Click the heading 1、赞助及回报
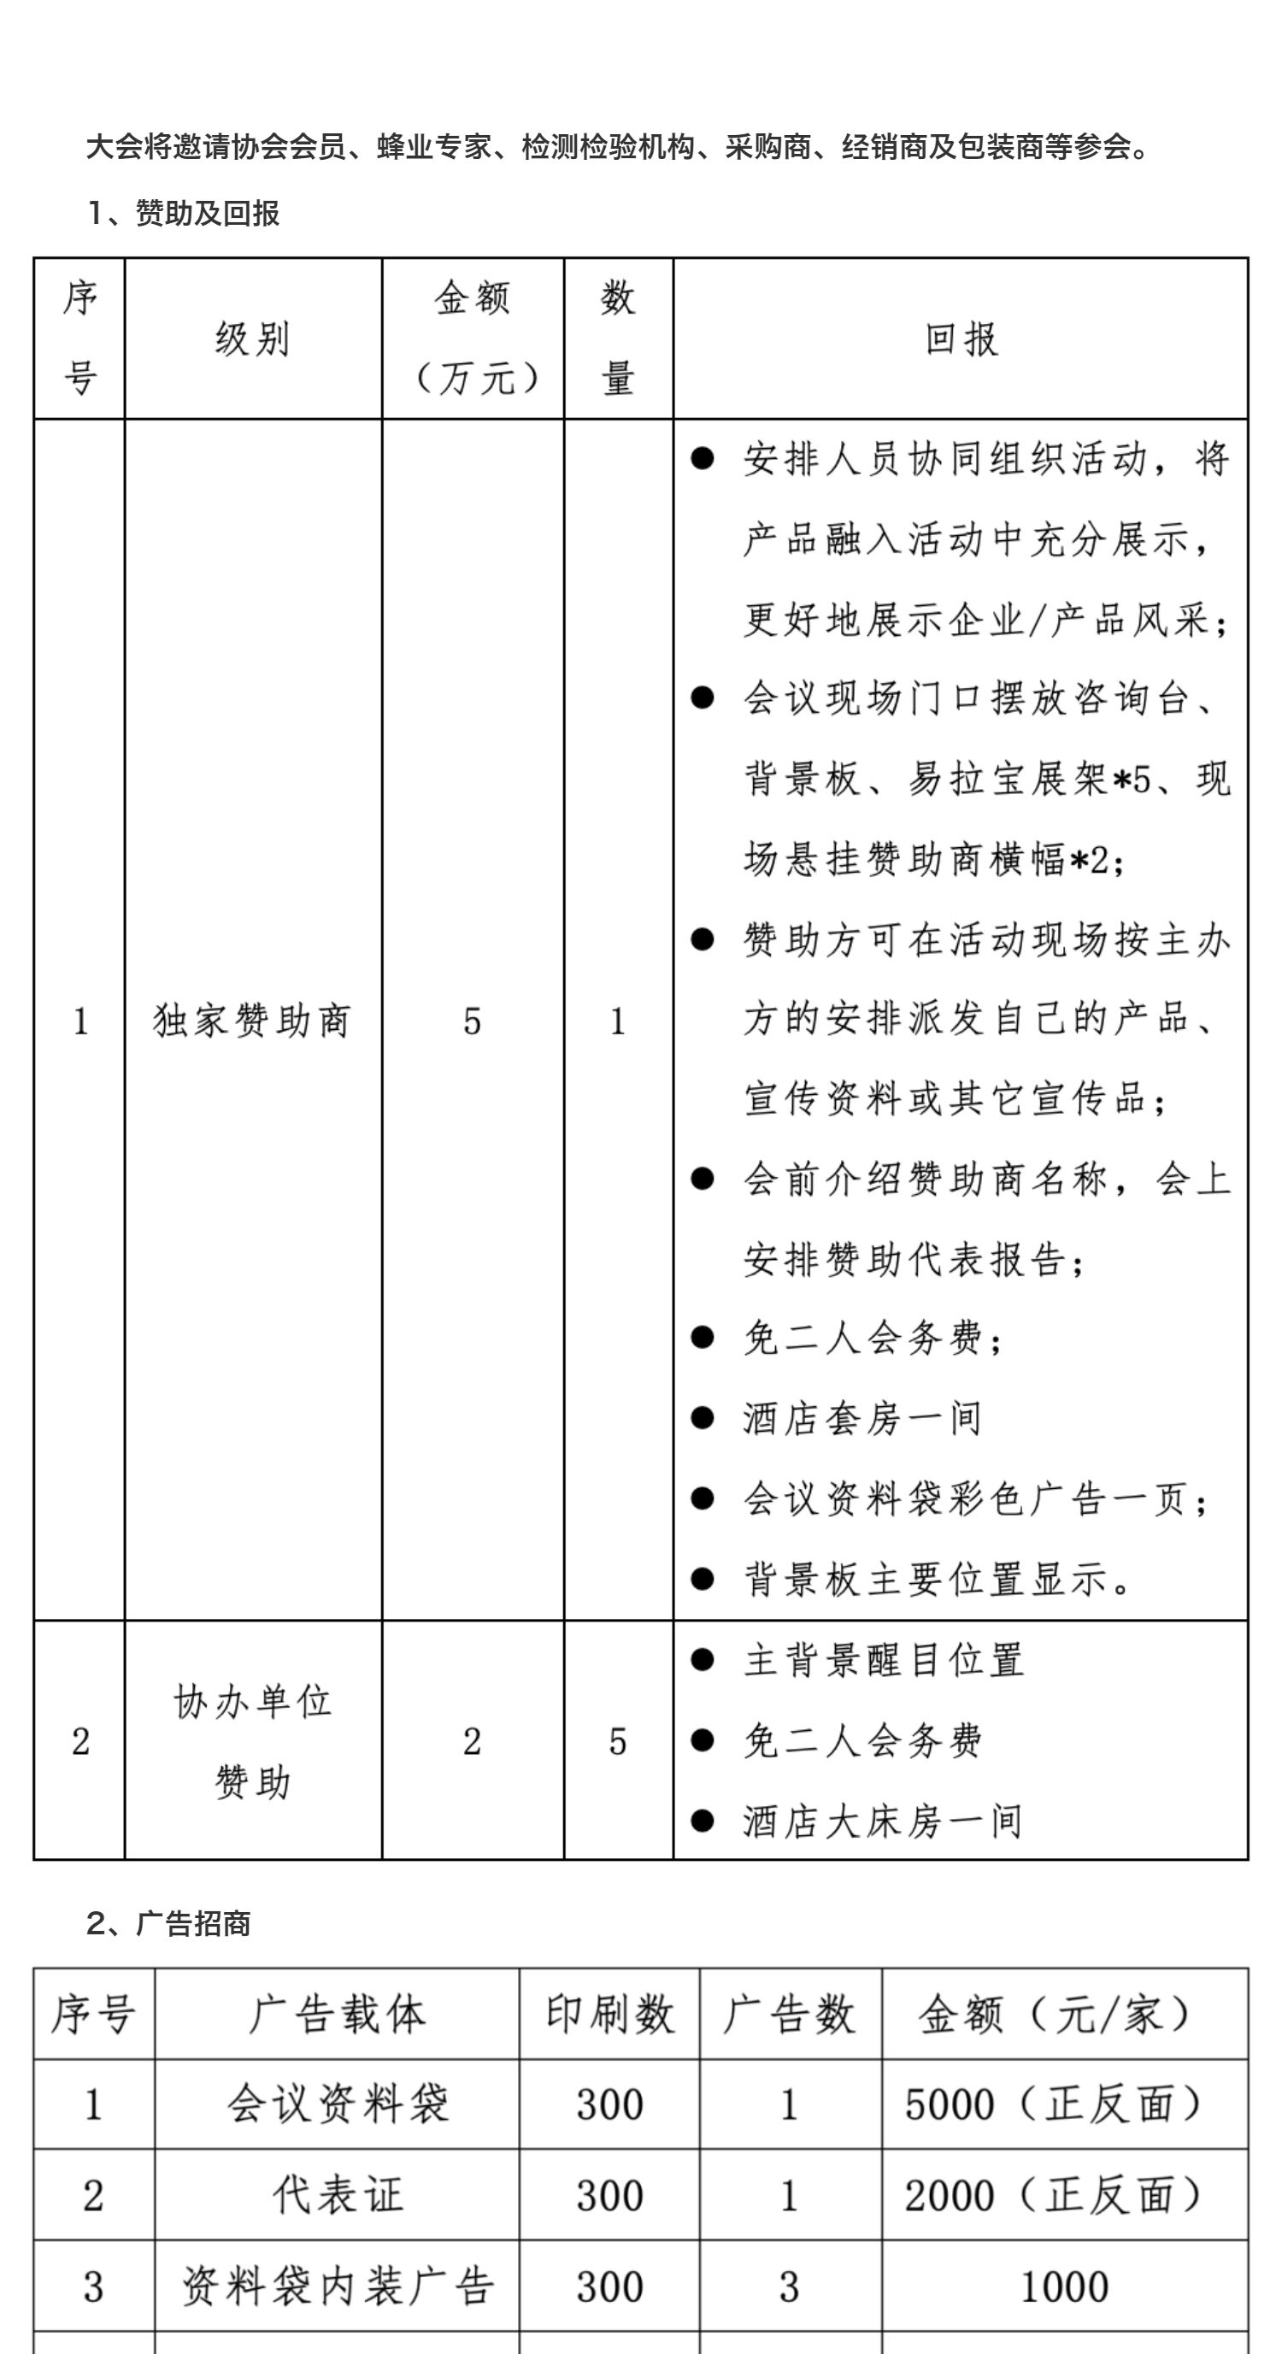pyautogui.click(x=184, y=214)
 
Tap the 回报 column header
pyautogui.click(x=961, y=339)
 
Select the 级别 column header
pyautogui.click(x=252, y=339)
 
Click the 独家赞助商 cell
pyautogui.click(x=252, y=1021)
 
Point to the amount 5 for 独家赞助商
pyautogui.click(x=472, y=1021)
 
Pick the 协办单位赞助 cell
pyautogui.click(x=252, y=1742)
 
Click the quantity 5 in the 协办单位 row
pyautogui.click(x=618, y=1742)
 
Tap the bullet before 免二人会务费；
pyautogui.click(x=702, y=1339)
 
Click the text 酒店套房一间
pyautogui.click(x=862, y=1419)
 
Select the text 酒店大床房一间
pyautogui.click(x=882, y=1821)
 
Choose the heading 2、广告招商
pyautogui.click(x=169, y=1923)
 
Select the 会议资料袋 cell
pyautogui.click(x=338, y=2104)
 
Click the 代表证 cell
pyautogui.click(x=338, y=2196)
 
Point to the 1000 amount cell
pyautogui.click(x=1063, y=2287)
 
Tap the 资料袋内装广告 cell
pyautogui.click(x=338, y=2287)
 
